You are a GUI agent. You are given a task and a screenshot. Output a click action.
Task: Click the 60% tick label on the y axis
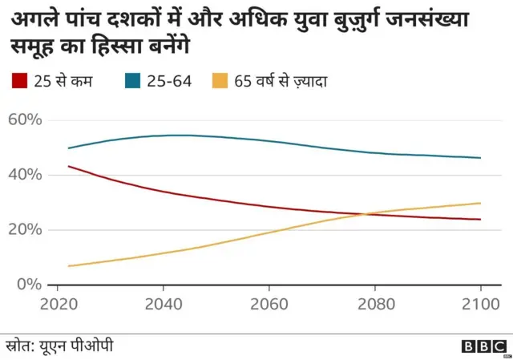[x=24, y=120]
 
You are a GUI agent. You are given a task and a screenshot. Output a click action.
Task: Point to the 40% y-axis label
[x=24, y=175]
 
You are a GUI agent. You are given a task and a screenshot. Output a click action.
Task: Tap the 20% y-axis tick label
[x=24, y=230]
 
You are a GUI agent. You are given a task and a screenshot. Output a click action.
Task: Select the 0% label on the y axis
[x=29, y=285]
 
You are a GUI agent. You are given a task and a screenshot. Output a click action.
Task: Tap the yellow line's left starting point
[x=69, y=265]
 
